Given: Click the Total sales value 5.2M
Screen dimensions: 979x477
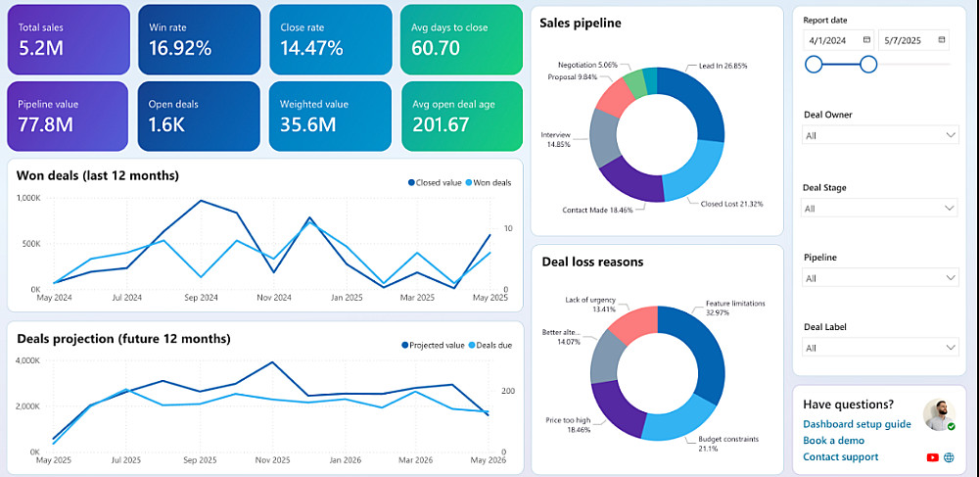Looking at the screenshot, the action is point(41,48).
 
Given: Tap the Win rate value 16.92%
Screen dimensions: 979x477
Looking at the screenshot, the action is point(180,48).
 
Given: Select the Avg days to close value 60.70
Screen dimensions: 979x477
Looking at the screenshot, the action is point(436,48).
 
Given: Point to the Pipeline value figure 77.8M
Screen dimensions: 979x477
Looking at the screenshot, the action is point(46,124).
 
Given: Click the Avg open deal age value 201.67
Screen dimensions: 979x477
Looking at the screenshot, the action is point(441,124).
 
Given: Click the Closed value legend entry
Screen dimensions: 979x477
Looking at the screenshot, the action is point(435,182).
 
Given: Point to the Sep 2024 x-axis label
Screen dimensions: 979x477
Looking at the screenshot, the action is point(200,298).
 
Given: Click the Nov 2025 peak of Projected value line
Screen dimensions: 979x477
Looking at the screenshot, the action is point(271,362).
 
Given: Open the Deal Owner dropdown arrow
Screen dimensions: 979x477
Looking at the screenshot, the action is point(951,135).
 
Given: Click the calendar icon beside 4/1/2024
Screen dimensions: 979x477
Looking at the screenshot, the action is point(866,40).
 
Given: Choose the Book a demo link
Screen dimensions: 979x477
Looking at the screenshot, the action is point(833,441).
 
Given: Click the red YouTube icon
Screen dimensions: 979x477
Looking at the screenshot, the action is point(933,457).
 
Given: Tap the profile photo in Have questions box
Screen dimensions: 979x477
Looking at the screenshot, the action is point(940,414).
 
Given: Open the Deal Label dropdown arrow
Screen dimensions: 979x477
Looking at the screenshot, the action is point(951,347).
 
